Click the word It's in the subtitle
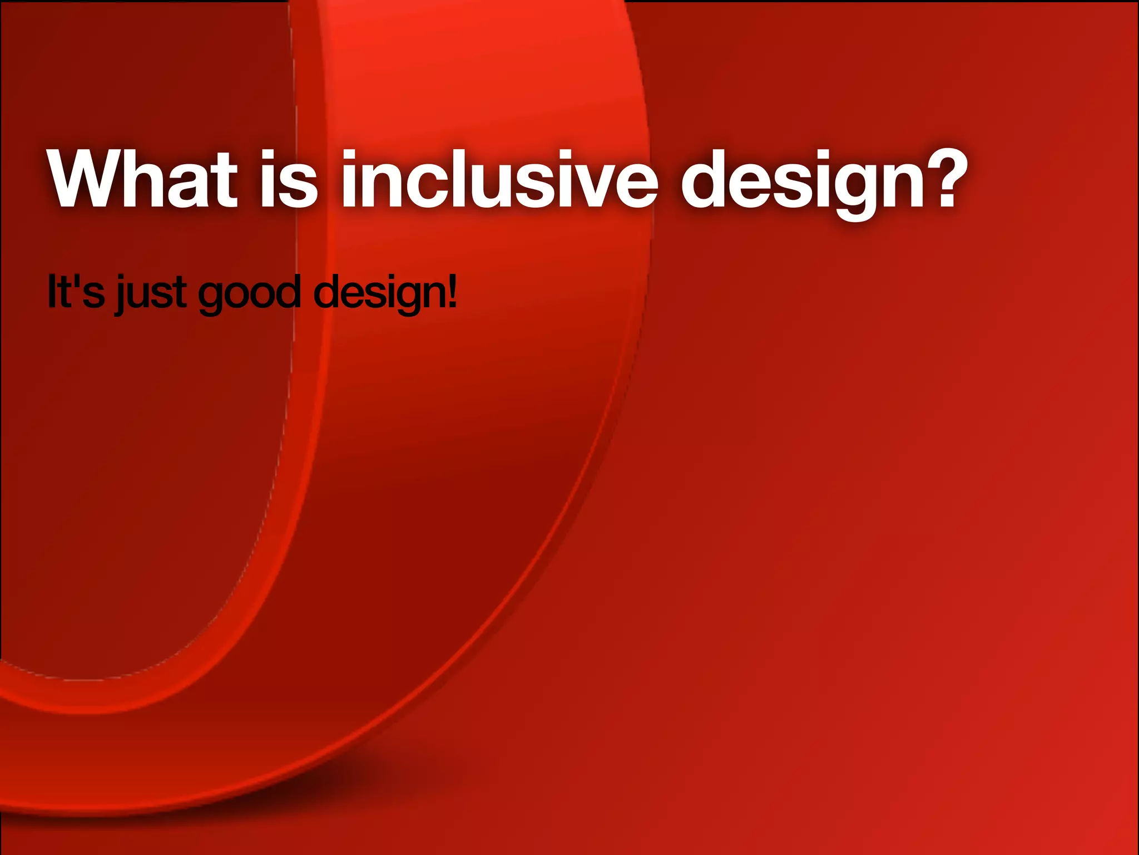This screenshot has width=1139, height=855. coord(76,292)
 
